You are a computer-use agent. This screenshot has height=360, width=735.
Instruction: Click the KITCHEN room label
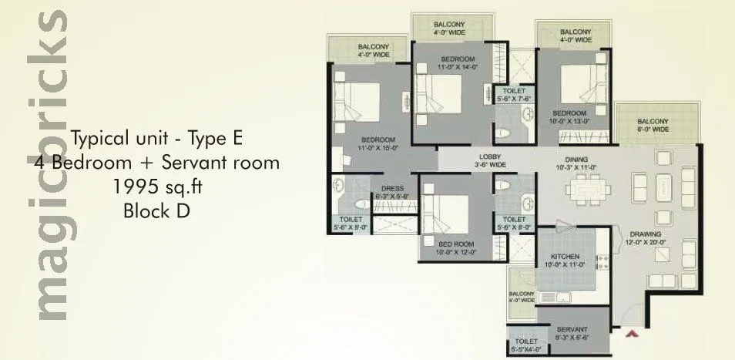(x=565, y=257)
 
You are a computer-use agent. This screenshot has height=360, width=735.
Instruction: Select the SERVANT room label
(x=572, y=329)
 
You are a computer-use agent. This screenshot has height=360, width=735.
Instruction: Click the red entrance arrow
(x=634, y=334)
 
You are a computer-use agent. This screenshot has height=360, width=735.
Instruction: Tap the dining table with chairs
(x=588, y=188)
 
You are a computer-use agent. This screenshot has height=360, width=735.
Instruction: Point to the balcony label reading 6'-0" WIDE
(x=652, y=130)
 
